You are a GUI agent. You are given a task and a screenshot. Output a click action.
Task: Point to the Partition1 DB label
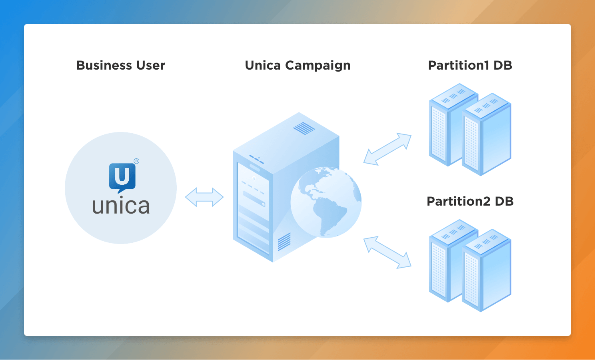coord(470,65)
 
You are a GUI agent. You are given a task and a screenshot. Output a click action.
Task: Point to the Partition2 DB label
coord(470,201)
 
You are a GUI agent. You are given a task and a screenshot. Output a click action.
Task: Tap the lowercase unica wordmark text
coord(121,206)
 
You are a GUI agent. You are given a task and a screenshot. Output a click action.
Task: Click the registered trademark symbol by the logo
coord(136,161)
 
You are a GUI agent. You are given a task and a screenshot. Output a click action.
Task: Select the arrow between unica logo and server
coord(204,197)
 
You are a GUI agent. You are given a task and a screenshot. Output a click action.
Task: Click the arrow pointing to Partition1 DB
coord(387,149)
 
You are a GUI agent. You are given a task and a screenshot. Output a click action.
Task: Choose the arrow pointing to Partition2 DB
coord(387,252)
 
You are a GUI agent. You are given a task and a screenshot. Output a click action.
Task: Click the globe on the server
coord(326,202)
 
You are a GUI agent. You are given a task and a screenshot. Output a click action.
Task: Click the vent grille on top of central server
coord(304,128)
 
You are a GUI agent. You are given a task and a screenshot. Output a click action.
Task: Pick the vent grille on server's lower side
coord(284,242)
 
